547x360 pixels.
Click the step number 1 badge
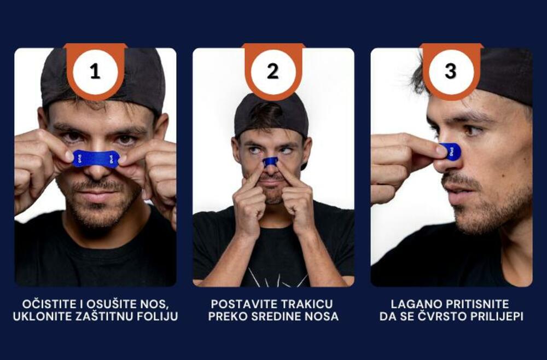95,72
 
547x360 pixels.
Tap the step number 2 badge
273,72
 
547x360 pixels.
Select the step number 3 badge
451,72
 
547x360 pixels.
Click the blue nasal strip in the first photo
96,159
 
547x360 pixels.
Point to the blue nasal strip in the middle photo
270,161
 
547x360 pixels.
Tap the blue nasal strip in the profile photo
450,152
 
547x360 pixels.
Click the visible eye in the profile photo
472,131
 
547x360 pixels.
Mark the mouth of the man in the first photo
97,196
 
